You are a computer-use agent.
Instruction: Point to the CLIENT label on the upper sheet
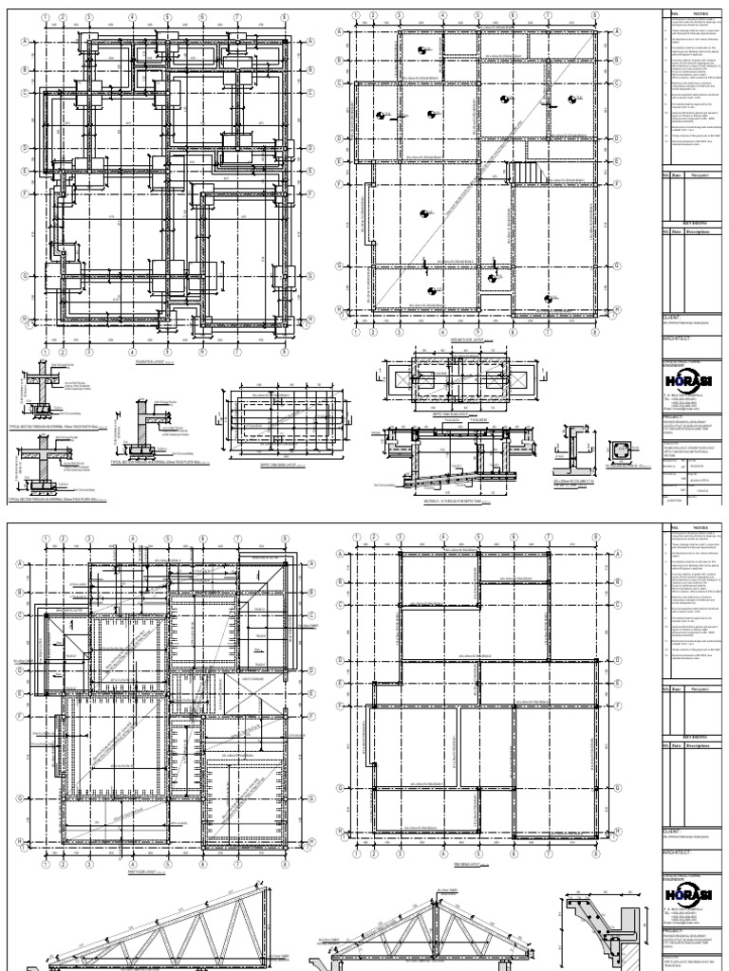675,319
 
